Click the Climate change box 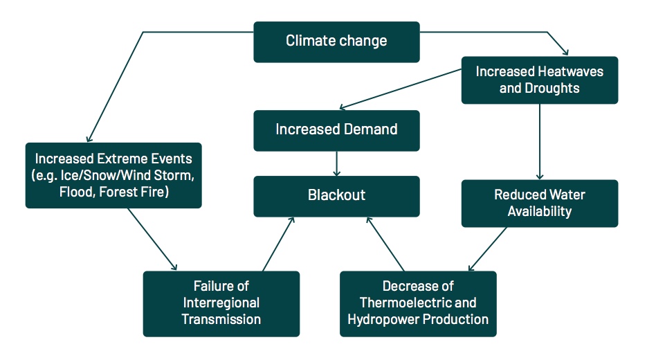pyautogui.click(x=336, y=42)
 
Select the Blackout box pyautogui.click(x=336, y=197)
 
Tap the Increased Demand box pyautogui.click(x=336, y=131)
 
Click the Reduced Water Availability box pyautogui.click(x=540, y=204)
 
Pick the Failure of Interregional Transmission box pyautogui.click(x=221, y=304)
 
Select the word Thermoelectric pyautogui.click(x=406, y=303)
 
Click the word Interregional pyautogui.click(x=221, y=303)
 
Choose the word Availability pyautogui.click(x=540, y=211)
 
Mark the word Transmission pyautogui.click(x=221, y=320)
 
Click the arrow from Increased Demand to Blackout pyautogui.click(x=336, y=163)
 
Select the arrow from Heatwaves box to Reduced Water pyautogui.click(x=540, y=142)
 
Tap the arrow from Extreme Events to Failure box pyautogui.click(x=152, y=240)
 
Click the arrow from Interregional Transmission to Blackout pyautogui.click(x=279, y=244)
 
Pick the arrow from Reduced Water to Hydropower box pyautogui.click(x=487, y=249)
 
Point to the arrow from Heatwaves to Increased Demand pyautogui.click(x=401, y=89)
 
